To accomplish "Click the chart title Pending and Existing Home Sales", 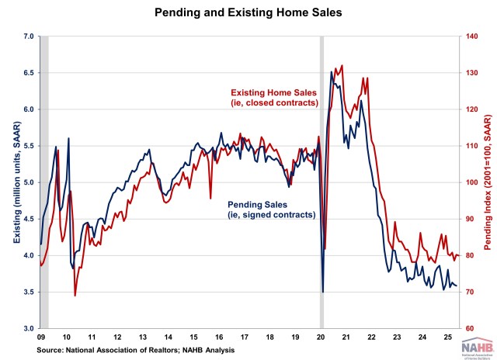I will point(248,13).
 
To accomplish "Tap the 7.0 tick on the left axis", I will point(30,36).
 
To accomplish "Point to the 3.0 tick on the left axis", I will point(30,329).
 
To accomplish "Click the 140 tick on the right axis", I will point(471,36).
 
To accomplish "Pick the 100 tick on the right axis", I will point(471,182).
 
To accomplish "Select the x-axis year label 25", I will point(448,338).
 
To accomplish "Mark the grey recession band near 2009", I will point(44,182).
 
